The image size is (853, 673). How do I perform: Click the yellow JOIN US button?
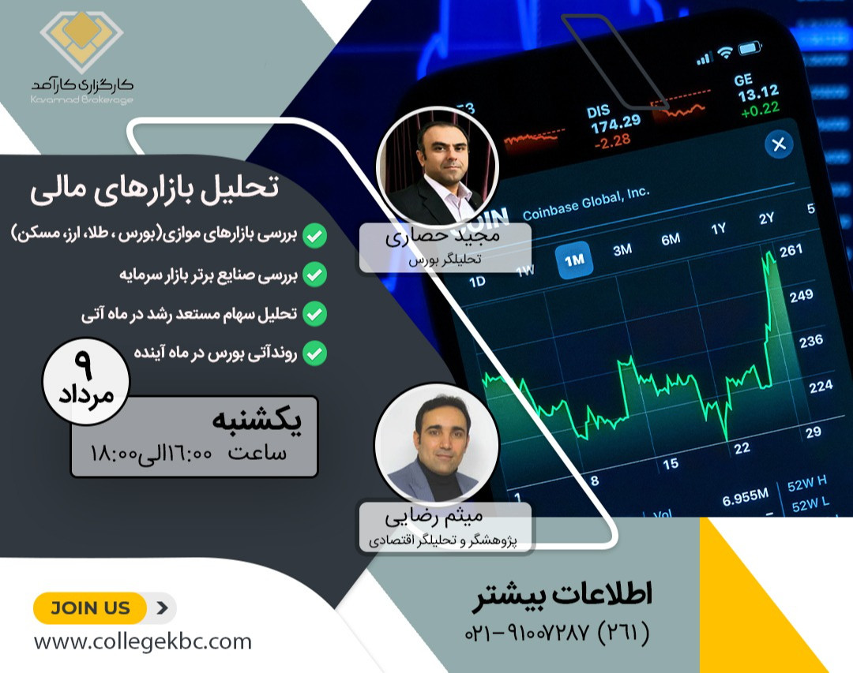(90, 608)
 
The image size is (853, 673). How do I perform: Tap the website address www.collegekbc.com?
(142, 641)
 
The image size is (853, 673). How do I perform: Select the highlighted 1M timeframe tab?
(574, 261)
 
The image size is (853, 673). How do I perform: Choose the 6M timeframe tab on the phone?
(671, 240)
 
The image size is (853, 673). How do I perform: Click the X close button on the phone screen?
(779, 144)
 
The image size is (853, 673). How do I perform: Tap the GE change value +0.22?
(760, 108)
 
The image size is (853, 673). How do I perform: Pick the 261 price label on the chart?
(790, 251)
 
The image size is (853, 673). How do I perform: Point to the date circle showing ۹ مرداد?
(85, 380)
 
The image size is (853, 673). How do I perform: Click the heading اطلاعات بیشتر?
(562, 596)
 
